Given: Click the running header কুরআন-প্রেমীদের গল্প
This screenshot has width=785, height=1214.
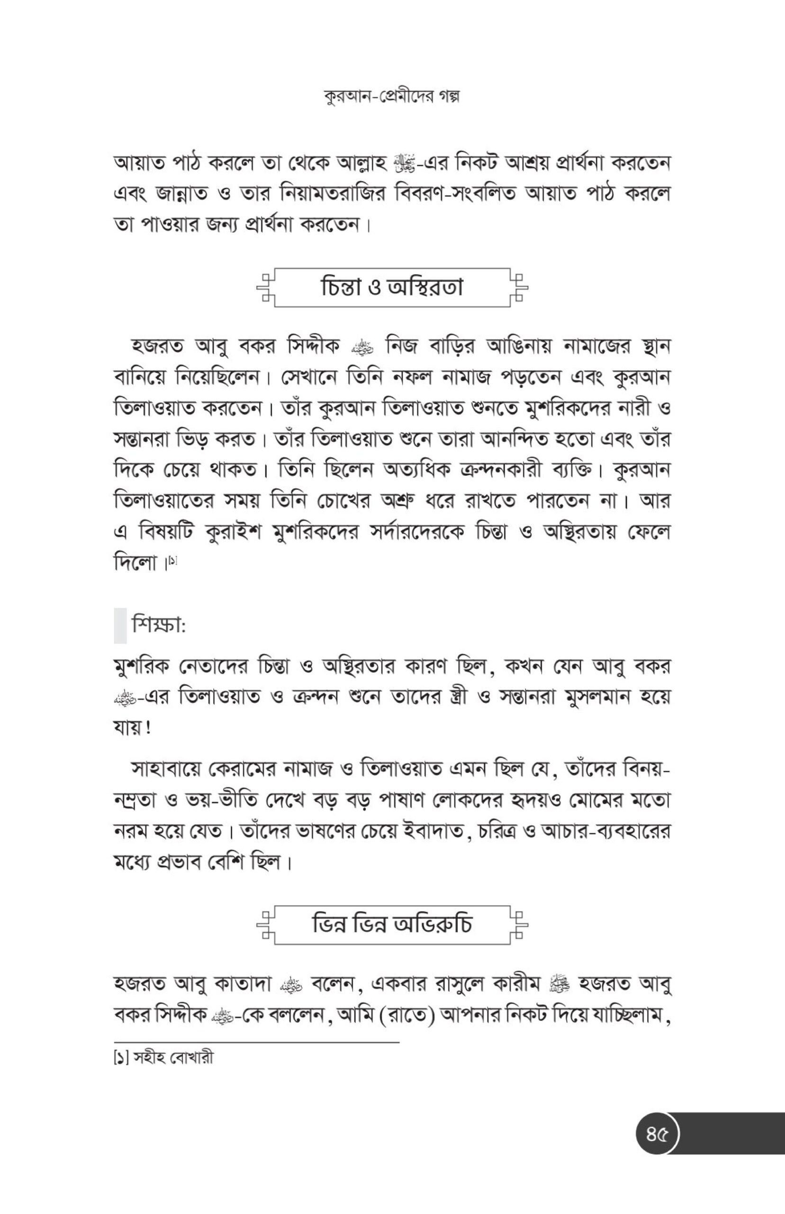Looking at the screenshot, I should click(391, 96).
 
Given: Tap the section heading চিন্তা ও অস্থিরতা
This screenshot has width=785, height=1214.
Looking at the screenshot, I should click(391, 287).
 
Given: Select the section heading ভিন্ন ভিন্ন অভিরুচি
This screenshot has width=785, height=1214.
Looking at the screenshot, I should click(391, 924).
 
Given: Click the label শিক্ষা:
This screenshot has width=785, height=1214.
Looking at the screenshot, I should click(158, 625).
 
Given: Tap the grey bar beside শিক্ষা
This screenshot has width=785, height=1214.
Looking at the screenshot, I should click(120, 625).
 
